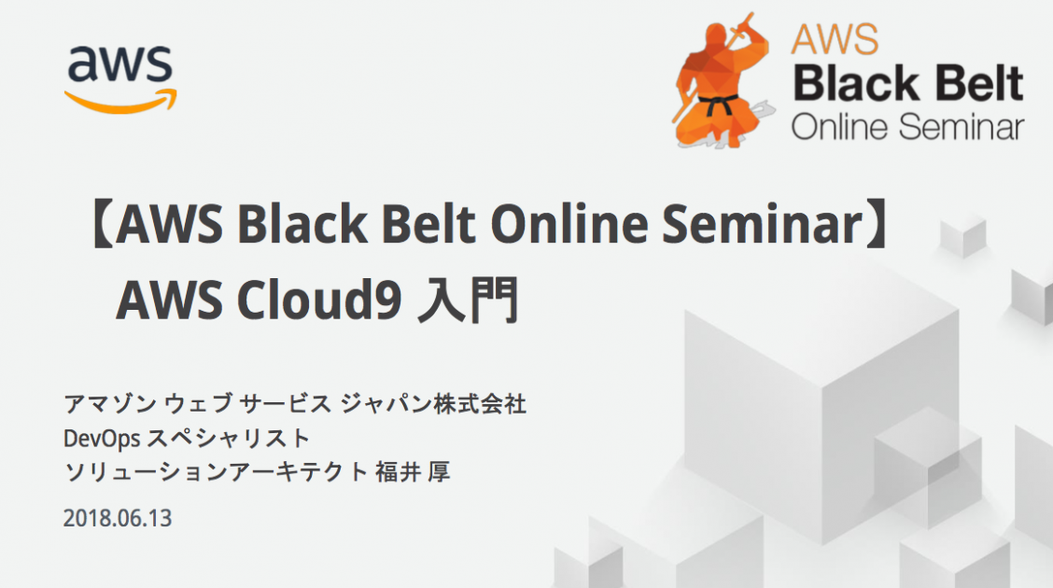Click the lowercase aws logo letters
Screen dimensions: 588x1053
point(119,64)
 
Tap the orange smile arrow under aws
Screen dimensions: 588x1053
point(119,101)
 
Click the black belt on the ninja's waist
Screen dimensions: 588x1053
point(718,105)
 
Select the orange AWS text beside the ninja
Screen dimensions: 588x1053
point(835,39)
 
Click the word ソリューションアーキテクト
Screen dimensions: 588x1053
point(216,472)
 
